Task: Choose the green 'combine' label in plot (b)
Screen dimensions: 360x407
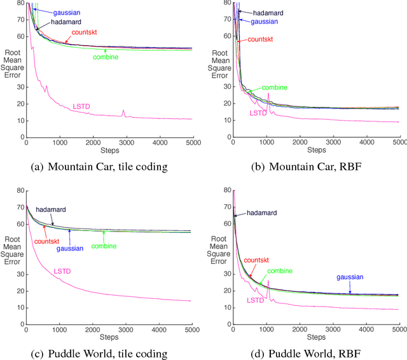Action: coord(274,87)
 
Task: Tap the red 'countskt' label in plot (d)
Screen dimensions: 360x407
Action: coord(256,260)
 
